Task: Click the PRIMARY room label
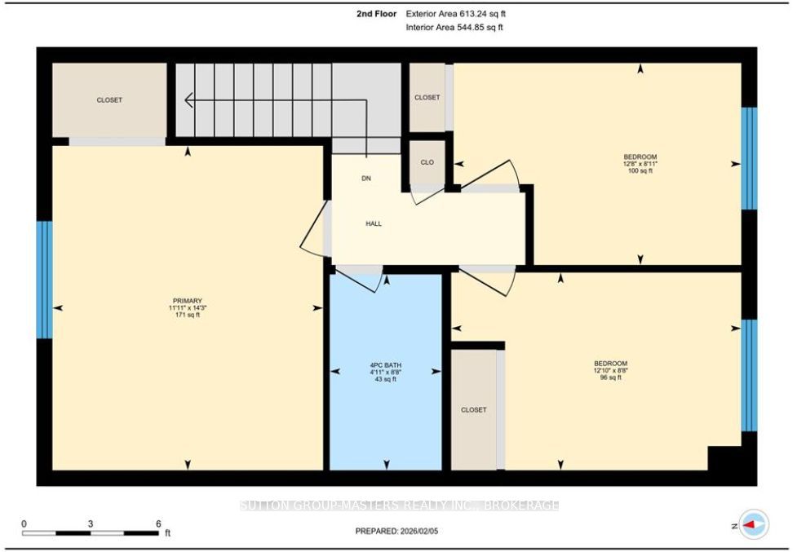click(188, 301)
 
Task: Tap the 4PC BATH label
click(385, 365)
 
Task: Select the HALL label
click(374, 223)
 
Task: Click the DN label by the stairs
click(366, 179)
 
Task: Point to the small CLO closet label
click(427, 162)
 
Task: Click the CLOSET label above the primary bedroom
click(109, 100)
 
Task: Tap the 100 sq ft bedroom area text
click(640, 171)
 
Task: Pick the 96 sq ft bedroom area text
click(610, 378)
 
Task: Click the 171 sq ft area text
click(188, 315)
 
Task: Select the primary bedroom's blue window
click(44, 280)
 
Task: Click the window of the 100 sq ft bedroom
click(749, 158)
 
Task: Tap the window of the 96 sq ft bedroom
click(749, 375)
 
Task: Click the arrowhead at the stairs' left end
click(186, 100)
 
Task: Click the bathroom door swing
click(359, 280)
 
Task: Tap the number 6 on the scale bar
click(158, 523)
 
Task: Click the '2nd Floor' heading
click(377, 14)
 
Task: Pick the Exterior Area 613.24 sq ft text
click(455, 14)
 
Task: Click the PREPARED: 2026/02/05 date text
click(396, 531)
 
